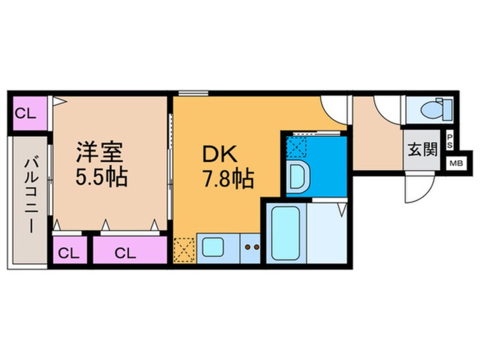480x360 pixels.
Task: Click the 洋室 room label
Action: pos(102,154)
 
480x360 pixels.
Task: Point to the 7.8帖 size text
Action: pos(226,181)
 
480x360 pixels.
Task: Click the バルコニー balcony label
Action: pos(29,196)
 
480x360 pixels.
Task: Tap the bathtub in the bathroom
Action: pos(286,233)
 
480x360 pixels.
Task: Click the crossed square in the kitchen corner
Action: pos(185,248)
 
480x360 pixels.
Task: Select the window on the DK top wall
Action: pos(191,93)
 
